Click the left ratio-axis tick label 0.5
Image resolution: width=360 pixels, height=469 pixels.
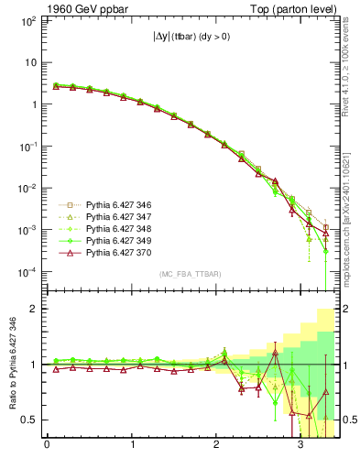(x=27, y=420)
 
